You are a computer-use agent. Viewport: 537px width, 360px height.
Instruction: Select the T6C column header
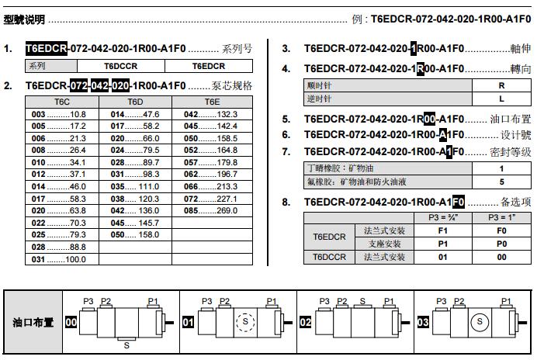[62, 102]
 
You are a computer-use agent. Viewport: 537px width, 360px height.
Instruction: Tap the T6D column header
[135, 102]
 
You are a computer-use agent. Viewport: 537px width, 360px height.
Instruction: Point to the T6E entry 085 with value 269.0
[211, 210]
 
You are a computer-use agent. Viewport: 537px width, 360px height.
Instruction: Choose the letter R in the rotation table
[501, 86]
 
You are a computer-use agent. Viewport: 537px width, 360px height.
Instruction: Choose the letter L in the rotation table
[501, 99]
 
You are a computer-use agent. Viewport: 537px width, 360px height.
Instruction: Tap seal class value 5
[501, 182]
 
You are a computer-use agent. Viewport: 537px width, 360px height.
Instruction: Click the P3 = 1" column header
[501, 218]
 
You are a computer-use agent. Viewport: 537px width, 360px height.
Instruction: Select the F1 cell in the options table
[443, 230]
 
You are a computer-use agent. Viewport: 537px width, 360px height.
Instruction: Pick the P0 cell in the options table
[501, 244]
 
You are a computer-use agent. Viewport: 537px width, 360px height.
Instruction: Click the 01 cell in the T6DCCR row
[443, 257]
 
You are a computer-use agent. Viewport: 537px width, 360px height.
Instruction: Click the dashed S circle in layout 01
[245, 320]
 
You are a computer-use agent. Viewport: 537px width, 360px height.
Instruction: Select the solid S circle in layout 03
[480, 320]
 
